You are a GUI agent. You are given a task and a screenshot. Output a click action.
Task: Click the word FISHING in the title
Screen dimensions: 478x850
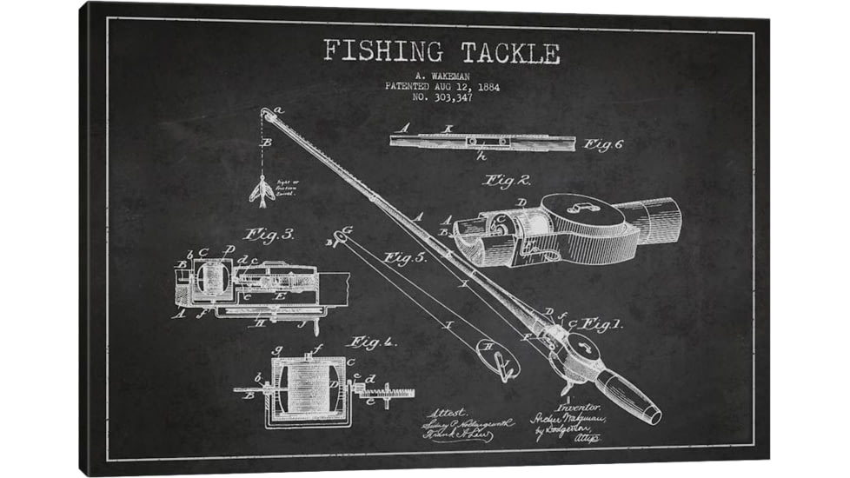pyautogui.click(x=383, y=52)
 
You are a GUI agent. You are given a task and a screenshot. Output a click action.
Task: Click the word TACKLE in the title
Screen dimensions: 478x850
pyautogui.click(x=510, y=52)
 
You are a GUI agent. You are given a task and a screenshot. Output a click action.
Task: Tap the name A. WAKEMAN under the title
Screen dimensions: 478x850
pyautogui.click(x=442, y=76)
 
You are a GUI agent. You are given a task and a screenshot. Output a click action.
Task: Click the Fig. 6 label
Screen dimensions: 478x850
pyautogui.click(x=603, y=144)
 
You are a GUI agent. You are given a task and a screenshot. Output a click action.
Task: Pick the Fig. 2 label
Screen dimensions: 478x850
pyautogui.click(x=507, y=181)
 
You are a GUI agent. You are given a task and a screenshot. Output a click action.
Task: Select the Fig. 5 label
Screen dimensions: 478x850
pyautogui.click(x=405, y=258)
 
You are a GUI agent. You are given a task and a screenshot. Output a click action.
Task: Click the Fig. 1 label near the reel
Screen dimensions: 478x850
pyautogui.click(x=600, y=324)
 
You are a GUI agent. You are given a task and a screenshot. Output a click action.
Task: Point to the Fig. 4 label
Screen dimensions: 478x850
pyautogui.click(x=371, y=342)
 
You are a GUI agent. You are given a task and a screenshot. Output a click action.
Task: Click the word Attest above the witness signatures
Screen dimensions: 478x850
pyautogui.click(x=448, y=412)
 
